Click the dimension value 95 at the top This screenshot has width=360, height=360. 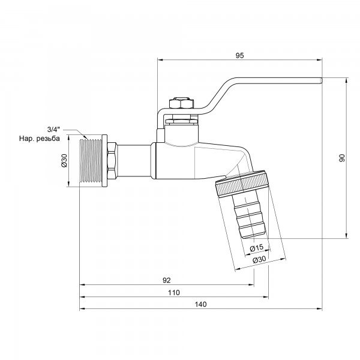(239, 55)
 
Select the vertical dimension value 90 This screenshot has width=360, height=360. (342, 158)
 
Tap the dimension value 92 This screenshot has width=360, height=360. (167, 280)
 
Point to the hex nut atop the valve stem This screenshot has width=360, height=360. (180, 103)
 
